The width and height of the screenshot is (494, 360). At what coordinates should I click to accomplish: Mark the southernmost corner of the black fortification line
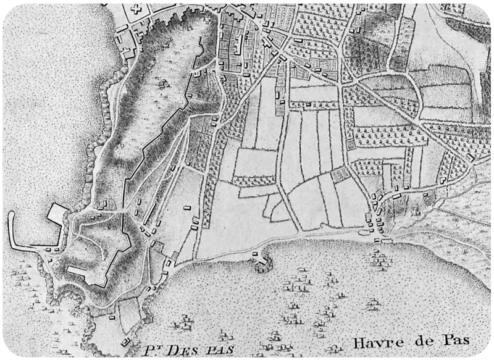point(101,286)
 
